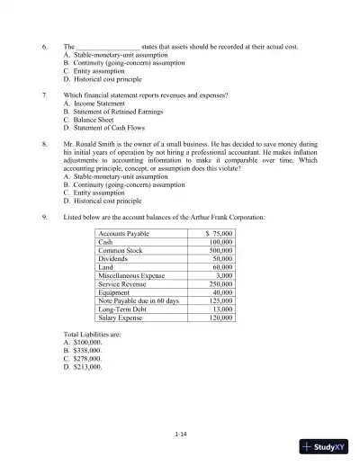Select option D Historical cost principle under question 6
tap(112, 79)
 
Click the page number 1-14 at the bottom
tap(180, 435)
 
